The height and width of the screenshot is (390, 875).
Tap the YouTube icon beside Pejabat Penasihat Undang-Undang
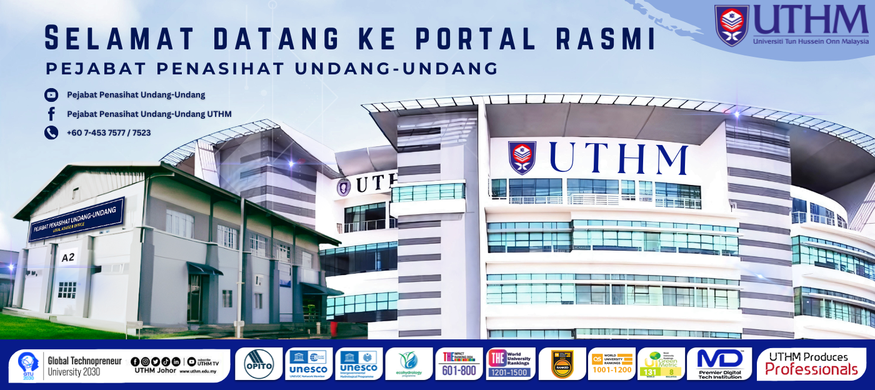pos(51,95)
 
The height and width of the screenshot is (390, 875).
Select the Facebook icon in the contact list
pos(51,114)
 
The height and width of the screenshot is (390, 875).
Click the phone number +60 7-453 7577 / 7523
pos(109,132)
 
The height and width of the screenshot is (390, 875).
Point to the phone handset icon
pos(51,132)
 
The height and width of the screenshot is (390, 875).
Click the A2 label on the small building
pos(67,257)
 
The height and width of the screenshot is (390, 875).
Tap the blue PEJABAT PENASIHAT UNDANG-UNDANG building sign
pos(76,219)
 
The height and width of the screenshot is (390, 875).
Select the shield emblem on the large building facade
pos(522,157)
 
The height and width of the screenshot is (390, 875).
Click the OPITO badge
pos(259,364)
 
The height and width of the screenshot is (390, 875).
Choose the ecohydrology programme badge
pos(409,364)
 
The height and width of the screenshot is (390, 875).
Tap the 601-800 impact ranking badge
pos(459,364)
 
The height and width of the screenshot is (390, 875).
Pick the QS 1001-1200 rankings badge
pos(611,364)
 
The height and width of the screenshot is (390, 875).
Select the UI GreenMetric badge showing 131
pos(661,364)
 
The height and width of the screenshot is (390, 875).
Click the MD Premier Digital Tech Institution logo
pos(719,364)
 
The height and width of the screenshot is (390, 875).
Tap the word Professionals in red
pos(811,369)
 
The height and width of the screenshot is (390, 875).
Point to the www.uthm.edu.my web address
pos(197,371)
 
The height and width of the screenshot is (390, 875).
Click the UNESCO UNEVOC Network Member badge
pos(309,364)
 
